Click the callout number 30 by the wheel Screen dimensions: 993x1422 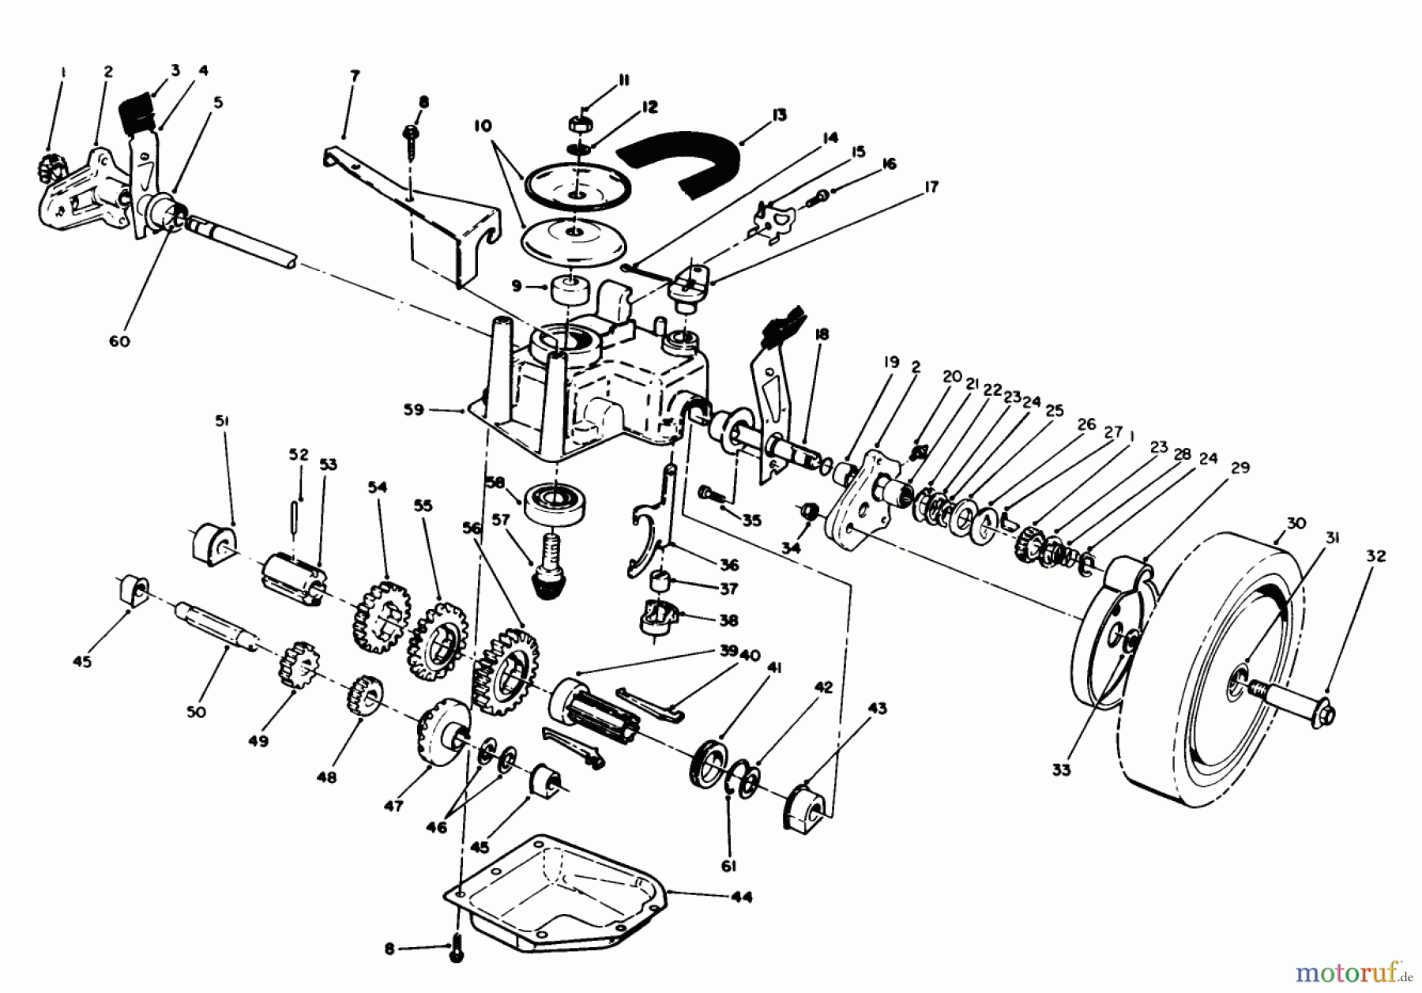tap(1296, 523)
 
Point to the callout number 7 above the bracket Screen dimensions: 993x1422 tap(354, 76)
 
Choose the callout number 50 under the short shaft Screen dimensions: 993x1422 tap(196, 711)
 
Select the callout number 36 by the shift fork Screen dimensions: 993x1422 tap(728, 565)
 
